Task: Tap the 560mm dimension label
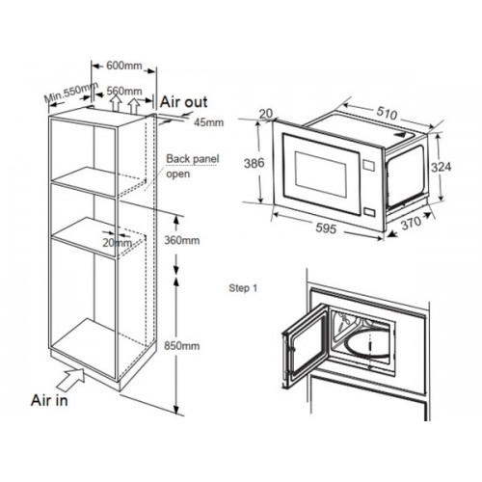tap(124, 91)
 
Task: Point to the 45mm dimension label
tap(209, 122)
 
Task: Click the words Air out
tap(184, 102)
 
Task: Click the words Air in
tap(49, 400)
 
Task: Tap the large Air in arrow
tap(71, 378)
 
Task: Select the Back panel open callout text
tap(193, 166)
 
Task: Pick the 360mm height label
tap(182, 240)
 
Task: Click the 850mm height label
tap(182, 346)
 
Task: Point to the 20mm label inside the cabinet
tap(118, 243)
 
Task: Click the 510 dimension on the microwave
tap(387, 113)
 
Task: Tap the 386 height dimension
tap(254, 163)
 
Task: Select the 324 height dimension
tap(441, 167)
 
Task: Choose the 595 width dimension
tap(326, 228)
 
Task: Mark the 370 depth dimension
tap(411, 223)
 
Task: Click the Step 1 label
tap(243, 288)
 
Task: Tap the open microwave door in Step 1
tap(306, 345)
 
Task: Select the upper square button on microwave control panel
tap(368, 165)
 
